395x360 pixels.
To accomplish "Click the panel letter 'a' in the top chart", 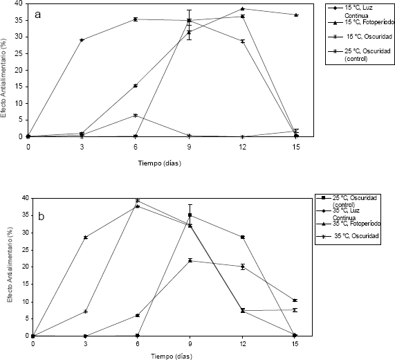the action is pos(38,15).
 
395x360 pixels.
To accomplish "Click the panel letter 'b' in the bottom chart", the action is pos(42,216).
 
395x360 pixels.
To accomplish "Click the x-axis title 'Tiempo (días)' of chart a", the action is pos(160,163).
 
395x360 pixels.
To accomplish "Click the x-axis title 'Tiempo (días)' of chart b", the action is pos(172,357).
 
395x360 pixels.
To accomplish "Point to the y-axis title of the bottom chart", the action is pos(10,264).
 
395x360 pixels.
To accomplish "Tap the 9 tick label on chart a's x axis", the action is pos(189,147).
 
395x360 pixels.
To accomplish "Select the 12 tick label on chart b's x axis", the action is pos(242,344).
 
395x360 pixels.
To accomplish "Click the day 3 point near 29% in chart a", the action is pos(82,40).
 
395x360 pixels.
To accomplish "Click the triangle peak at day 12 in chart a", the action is pos(243,9).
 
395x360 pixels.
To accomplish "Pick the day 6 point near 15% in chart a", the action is pos(136,86).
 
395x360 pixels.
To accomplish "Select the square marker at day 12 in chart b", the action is pos(243,237).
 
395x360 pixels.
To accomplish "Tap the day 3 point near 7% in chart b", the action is pos(86,312).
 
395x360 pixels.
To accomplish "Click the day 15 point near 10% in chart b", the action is pos(295,300).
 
